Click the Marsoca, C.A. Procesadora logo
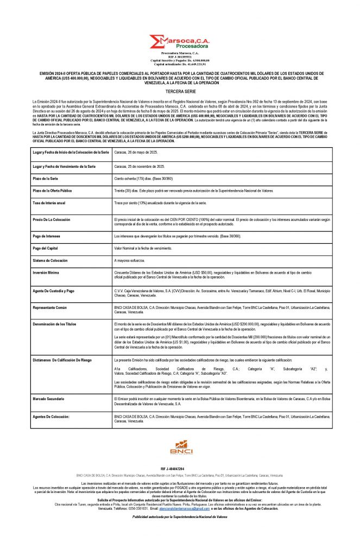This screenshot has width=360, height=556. [180, 42]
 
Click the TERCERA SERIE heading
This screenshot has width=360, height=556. [180, 92]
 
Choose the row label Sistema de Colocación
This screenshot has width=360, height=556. [50, 261]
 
